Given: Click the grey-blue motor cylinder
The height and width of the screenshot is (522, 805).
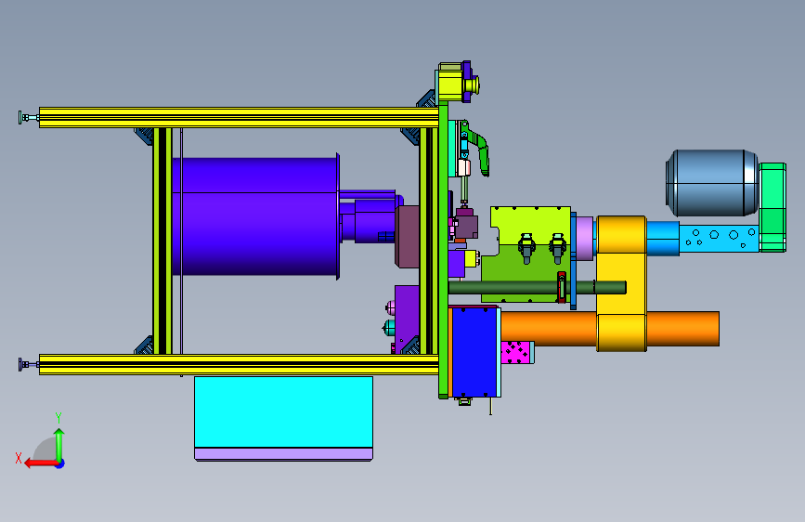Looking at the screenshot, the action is [712, 183].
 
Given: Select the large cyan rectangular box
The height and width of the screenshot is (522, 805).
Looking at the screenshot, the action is [283, 412].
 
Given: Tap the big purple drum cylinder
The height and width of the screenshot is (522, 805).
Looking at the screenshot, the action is [255, 216].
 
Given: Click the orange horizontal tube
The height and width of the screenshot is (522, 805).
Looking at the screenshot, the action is [610, 329].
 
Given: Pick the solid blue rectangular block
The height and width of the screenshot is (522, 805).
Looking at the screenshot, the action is [474, 352].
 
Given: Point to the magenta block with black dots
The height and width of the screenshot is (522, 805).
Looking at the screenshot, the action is [517, 352].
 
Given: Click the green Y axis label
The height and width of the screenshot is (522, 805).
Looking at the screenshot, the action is [58, 417].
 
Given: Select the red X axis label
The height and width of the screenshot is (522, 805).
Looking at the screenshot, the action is [19, 458].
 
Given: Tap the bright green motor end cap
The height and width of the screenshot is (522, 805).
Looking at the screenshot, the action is [773, 207].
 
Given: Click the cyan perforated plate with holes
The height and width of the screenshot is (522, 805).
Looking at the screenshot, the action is [719, 238].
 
